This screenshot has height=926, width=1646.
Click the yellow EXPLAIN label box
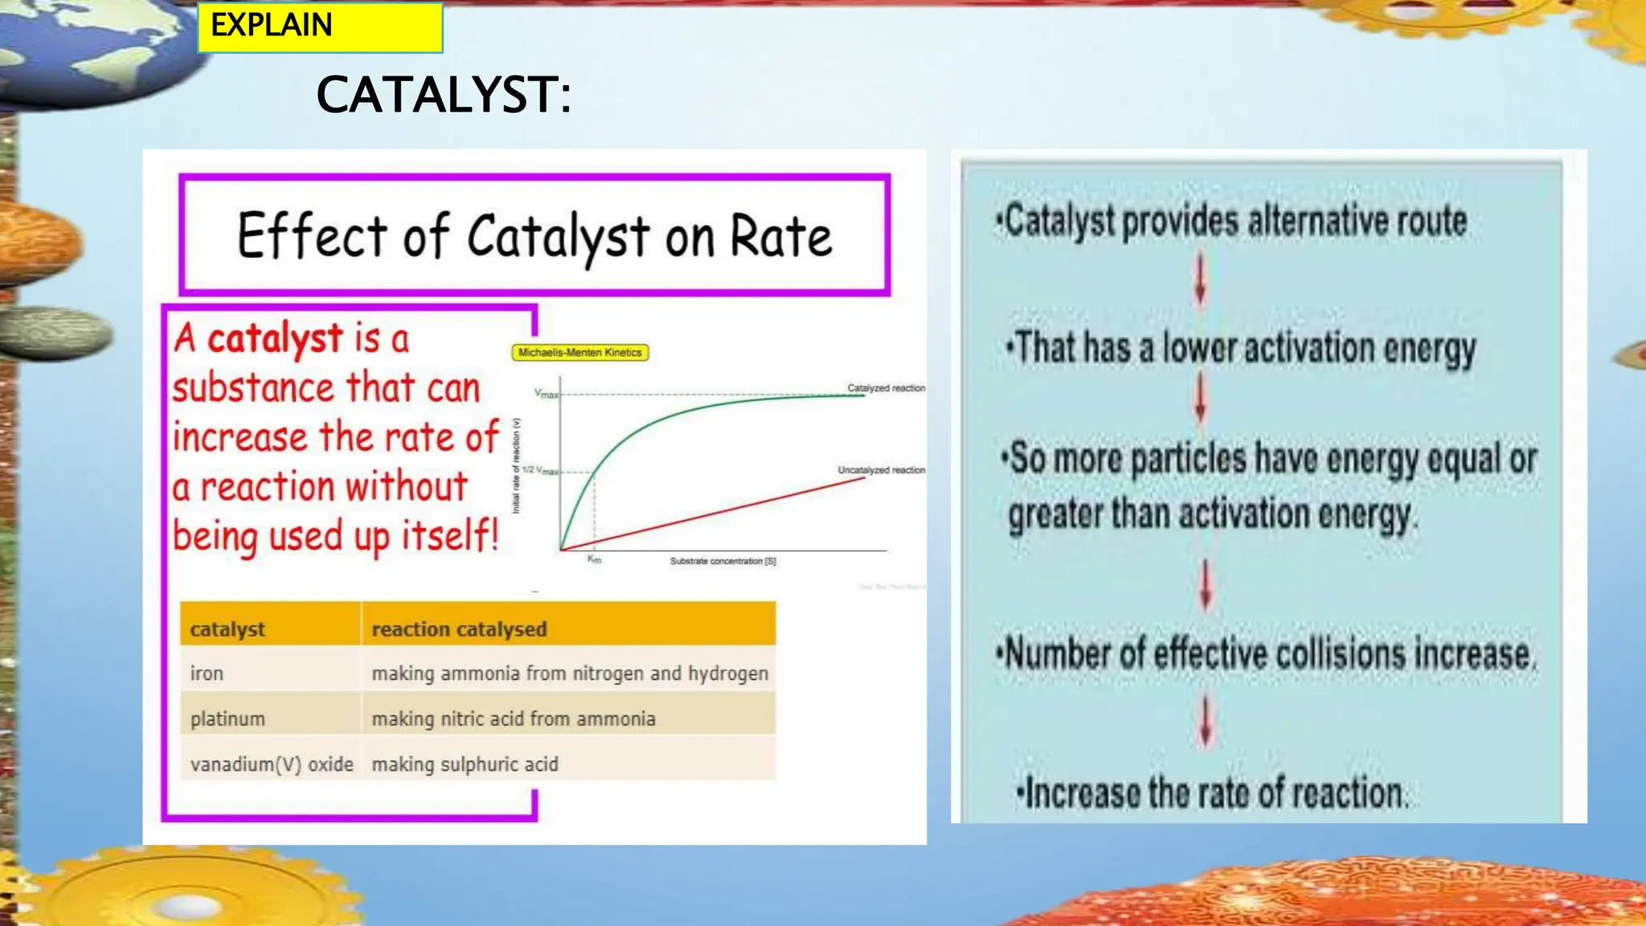coord(320,27)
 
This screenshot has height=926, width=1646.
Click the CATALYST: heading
coord(443,95)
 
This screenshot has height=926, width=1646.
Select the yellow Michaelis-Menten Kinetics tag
coord(579,352)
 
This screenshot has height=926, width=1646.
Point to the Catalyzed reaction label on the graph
coord(886,388)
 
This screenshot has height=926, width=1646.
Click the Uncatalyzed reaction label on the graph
coord(881,470)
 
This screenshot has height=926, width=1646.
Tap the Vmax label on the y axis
coord(546,394)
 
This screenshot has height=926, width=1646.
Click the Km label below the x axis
coord(594,559)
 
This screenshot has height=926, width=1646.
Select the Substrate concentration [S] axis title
coord(723,561)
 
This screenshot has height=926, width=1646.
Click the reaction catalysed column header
coord(459,629)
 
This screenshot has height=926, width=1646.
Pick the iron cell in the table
coord(207,674)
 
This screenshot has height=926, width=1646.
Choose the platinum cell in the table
coord(227,719)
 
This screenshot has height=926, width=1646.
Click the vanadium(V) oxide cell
coord(272,764)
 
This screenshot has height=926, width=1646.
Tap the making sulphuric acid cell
coord(465,764)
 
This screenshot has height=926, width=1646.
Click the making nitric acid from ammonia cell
coord(513,719)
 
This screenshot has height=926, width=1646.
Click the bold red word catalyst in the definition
coord(275,338)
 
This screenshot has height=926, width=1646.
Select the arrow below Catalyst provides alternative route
coord(1200,280)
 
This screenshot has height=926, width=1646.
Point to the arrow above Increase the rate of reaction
coord(1205,721)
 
